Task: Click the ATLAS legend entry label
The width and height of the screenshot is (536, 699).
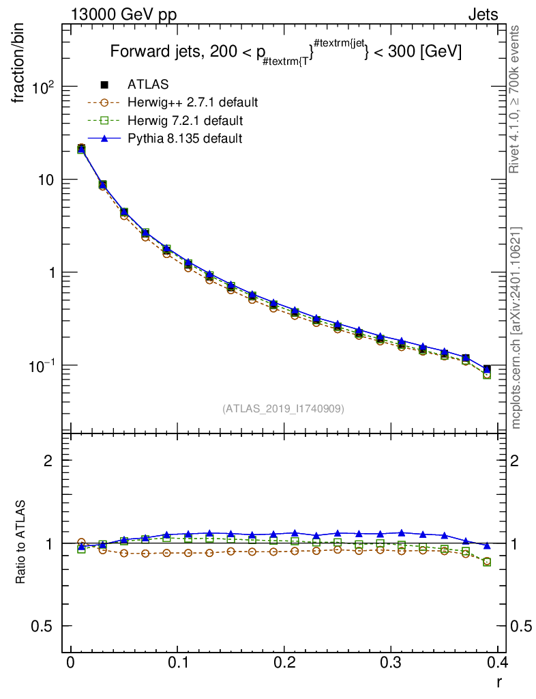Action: [x=148, y=84]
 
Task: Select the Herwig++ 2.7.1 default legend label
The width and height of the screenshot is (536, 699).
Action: [x=193, y=102]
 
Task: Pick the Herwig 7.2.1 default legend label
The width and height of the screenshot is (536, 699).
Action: [x=185, y=120]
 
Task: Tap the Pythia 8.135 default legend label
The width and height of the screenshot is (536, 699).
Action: [x=185, y=138]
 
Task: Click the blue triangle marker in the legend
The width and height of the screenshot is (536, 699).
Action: [x=104, y=138]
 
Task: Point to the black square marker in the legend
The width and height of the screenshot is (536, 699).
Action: [x=104, y=84]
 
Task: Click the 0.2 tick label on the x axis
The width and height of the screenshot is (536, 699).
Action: [x=284, y=662]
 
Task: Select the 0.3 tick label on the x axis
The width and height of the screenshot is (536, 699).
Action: [x=391, y=662]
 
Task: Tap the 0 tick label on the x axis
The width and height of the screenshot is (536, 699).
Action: [x=70, y=662]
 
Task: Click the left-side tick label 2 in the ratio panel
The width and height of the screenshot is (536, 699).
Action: [x=48, y=460]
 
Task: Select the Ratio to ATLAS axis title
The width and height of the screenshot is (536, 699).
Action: [x=20, y=542]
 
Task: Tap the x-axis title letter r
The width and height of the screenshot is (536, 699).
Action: [x=499, y=682]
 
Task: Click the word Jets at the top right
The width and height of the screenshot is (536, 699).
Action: [x=483, y=15]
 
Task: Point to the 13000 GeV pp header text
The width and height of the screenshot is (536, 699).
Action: [x=123, y=15]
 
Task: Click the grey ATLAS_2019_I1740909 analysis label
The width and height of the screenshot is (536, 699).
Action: [x=283, y=408]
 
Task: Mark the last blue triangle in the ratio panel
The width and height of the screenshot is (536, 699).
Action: [x=487, y=545]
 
